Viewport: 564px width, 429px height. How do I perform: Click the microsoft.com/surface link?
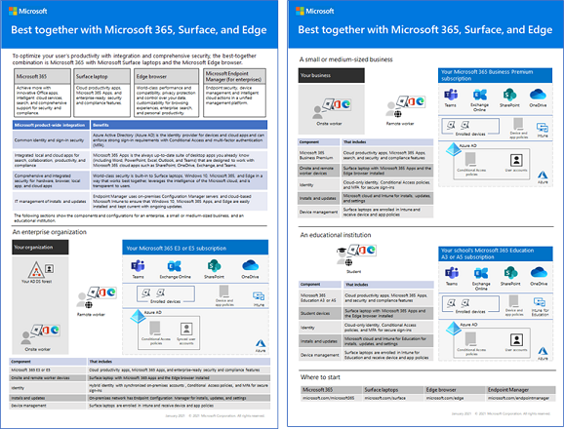[385, 398]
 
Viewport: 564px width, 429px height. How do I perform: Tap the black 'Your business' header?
[321, 74]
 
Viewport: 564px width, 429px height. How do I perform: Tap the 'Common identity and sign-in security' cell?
[49, 138]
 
